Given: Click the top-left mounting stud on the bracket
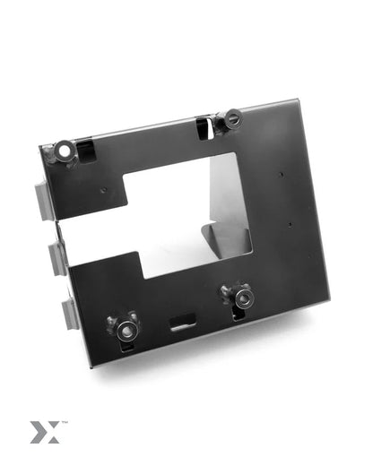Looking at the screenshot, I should pyautogui.click(x=65, y=150).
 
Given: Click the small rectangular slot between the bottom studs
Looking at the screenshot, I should pyautogui.click(x=183, y=320).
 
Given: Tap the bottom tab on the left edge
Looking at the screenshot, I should pyautogui.click(x=68, y=313).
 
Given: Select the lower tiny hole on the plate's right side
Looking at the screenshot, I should pyautogui.click(x=290, y=225).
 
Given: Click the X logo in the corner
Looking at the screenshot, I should pyautogui.click(x=41, y=433).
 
